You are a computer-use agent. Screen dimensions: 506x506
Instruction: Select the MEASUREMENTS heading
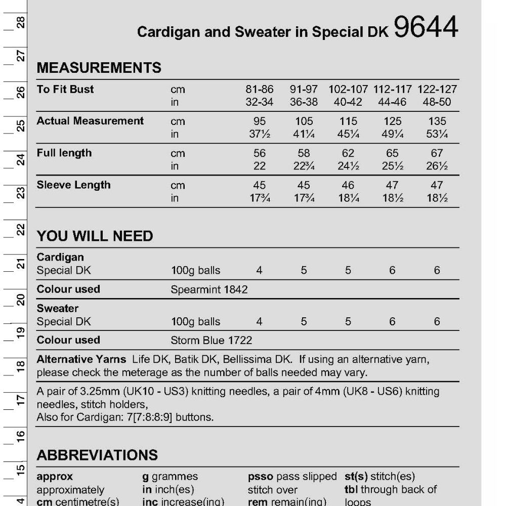pos(99,68)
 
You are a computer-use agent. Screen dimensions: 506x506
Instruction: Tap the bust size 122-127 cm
pos(437,90)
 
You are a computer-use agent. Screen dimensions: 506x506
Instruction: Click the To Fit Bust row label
pos(65,90)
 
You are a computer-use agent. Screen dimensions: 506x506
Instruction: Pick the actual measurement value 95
pos(259,121)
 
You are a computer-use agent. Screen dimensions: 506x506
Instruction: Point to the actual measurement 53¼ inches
pos(437,135)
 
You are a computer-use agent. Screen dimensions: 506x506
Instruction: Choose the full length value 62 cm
pos(348,153)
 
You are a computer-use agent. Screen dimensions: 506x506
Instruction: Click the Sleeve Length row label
pos(73,185)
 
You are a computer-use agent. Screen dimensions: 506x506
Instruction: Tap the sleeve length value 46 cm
pos(348,185)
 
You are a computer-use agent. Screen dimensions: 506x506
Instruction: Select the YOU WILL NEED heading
pos(95,236)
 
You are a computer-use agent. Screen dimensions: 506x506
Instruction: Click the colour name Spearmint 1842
pos(209,289)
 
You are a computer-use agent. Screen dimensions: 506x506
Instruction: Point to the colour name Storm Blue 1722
pos(212,340)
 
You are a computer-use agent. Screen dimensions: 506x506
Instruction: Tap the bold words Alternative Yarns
pos(81,360)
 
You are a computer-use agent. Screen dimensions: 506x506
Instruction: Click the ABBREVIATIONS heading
pos(97,455)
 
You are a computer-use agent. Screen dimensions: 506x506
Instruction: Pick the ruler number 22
pos(21,229)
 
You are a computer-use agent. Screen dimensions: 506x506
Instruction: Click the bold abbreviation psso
pos(261,477)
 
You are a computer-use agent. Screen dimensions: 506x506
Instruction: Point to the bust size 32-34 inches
pos(259,103)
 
